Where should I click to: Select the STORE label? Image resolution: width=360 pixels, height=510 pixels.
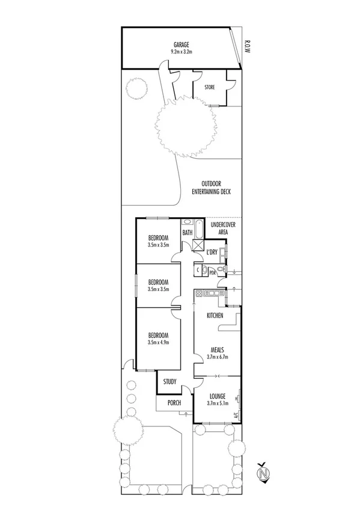pyautogui.click(x=209, y=88)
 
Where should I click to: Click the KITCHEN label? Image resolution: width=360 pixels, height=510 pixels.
pyautogui.click(x=215, y=316)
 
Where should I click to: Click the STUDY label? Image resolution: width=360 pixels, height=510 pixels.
pyautogui.click(x=170, y=381)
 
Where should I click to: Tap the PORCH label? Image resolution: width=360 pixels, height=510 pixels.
pyautogui.click(x=174, y=404)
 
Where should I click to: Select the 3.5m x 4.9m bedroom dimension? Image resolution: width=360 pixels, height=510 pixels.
pyautogui.click(x=159, y=342)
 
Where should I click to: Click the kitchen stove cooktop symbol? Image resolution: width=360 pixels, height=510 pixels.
pyautogui.click(x=210, y=293)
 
